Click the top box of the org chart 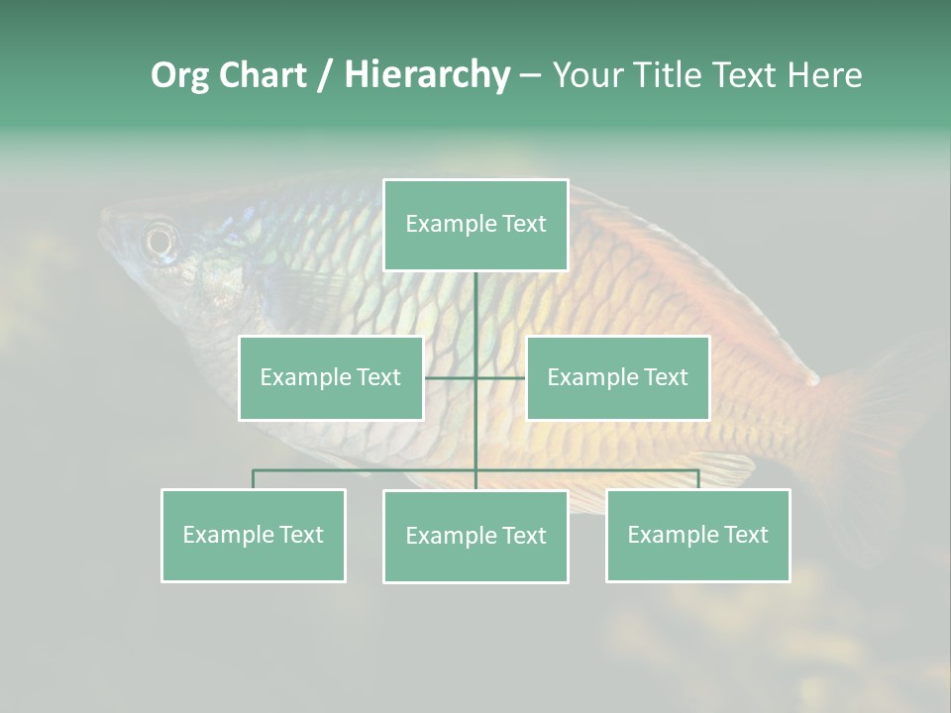pos(475,225)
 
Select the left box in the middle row pos(331,377)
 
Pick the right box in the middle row pos(617,377)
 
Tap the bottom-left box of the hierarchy pos(254,535)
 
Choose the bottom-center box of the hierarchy pos(475,536)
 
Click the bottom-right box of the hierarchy pos(697,535)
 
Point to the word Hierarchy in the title pos(427,75)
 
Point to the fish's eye pos(159,240)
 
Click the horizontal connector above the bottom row pos(367,470)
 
